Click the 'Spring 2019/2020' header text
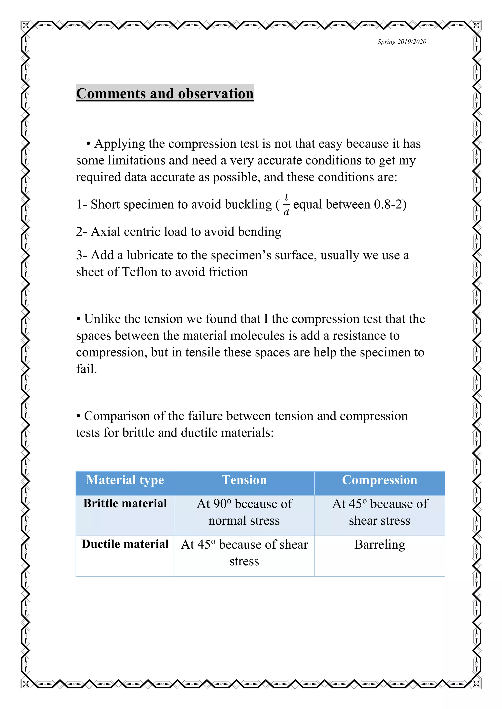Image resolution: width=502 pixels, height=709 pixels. point(402,42)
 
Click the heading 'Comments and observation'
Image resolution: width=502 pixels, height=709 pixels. point(165,93)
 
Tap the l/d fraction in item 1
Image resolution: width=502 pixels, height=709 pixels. point(286,205)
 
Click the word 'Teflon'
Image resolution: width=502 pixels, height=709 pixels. point(140,272)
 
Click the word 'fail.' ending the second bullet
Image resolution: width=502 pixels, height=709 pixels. point(87,369)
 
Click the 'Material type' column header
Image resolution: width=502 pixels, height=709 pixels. point(125,480)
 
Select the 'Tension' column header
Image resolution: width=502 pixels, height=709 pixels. point(244,480)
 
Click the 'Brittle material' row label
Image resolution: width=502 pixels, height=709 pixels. point(125,504)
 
